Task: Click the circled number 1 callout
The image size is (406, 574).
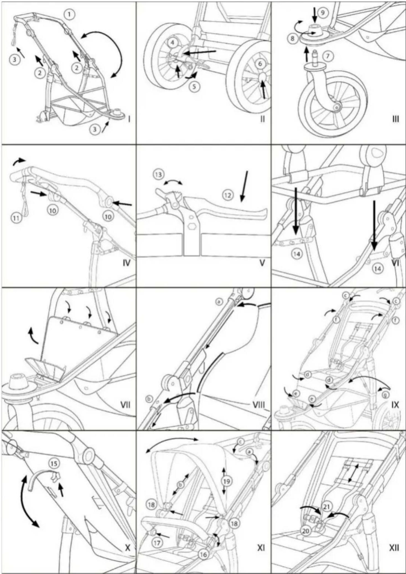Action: [x=71, y=14]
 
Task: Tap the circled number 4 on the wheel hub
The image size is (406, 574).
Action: [x=172, y=43]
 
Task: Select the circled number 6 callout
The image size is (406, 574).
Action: [x=260, y=64]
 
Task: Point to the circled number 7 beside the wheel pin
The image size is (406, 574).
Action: [x=328, y=56]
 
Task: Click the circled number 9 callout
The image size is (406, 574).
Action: [x=323, y=13]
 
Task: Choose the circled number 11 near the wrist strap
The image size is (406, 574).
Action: [x=16, y=218]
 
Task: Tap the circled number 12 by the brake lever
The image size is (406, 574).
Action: [x=228, y=195]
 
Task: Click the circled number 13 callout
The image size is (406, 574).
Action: [x=159, y=175]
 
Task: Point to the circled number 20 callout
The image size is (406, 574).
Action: [x=306, y=531]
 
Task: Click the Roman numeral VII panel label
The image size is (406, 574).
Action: [x=125, y=405]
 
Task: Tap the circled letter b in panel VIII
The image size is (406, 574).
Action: [x=149, y=399]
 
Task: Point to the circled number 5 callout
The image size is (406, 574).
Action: [x=194, y=86]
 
